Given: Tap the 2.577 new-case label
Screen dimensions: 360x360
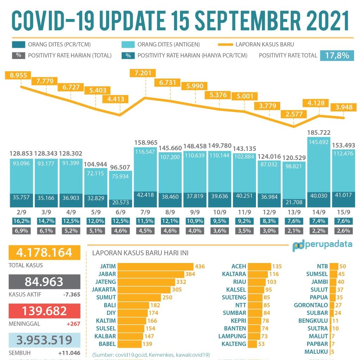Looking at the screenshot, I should (294, 114).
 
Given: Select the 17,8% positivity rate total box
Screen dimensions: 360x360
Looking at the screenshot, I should (337, 55).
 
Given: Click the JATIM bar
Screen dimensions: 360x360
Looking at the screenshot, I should (155, 266).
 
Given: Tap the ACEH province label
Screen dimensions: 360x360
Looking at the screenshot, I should (239, 266).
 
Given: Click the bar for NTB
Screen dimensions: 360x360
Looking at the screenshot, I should (334, 266).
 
